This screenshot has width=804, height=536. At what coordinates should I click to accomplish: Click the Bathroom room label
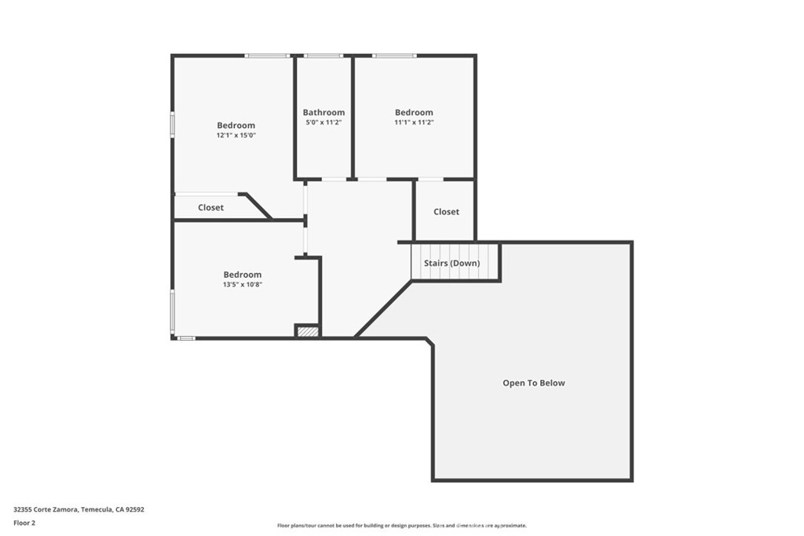[x=323, y=113]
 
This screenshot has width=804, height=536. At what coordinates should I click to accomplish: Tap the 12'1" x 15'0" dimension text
[x=236, y=135]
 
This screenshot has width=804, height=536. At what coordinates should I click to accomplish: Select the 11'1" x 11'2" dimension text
[x=414, y=122]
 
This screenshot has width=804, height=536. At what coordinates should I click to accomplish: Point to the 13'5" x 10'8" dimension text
[x=242, y=285]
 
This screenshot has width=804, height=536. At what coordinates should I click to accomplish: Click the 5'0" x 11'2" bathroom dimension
[x=323, y=122]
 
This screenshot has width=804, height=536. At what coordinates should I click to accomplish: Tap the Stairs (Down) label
[x=451, y=263]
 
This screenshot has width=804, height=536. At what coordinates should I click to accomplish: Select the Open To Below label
[x=534, y=383]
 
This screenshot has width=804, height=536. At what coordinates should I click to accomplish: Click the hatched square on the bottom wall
[x=308, y=332]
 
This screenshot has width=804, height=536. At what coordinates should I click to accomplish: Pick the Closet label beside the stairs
[x=446, y=212]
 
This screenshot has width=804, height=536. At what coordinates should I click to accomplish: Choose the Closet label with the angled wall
[x=210, y=208]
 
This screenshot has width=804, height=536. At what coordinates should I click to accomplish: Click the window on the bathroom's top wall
[x=323, y=56]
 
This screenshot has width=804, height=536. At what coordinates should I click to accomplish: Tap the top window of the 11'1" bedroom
[x=394, y=56]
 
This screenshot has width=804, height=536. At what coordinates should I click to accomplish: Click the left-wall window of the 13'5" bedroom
[x=173, y=312]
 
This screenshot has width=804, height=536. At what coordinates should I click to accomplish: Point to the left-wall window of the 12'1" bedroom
[x=173, y=126]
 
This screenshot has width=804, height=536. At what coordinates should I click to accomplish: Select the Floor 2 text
[x=25, y=522]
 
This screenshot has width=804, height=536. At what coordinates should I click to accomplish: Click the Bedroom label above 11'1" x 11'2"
[x=414, y=112]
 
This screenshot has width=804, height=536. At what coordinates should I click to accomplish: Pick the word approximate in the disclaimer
[x=507, y=526]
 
